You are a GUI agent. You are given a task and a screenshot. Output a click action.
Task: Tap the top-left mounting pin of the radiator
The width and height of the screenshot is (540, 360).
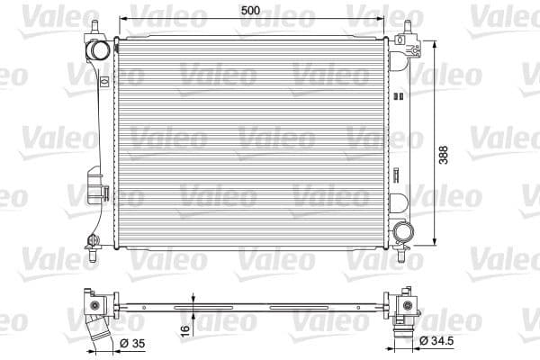91,22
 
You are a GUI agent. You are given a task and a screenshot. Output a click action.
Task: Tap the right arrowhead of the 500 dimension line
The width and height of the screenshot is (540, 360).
383,18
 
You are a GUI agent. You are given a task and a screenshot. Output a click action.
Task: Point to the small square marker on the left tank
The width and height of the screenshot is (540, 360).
105,81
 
